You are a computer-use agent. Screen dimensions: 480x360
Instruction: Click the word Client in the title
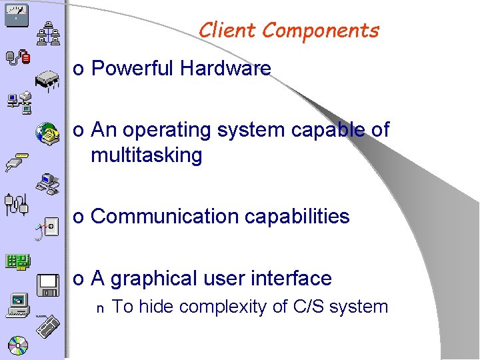click(227, 31)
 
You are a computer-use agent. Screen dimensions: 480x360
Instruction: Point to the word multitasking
click(146, 155)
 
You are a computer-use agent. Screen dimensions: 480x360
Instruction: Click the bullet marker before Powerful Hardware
click(78, 69)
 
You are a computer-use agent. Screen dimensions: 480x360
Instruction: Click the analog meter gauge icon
click(15, 13)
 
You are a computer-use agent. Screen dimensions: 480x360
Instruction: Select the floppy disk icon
click(48, 285)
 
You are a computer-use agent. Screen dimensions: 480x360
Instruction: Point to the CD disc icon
click(18, 346)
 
